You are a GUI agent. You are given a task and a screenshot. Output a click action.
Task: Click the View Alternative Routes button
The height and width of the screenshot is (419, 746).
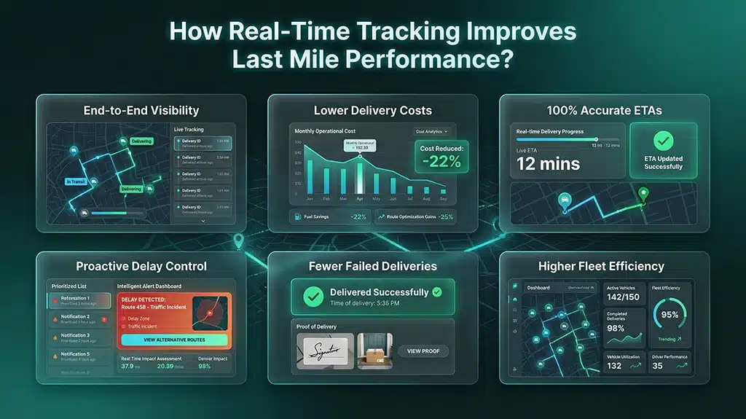click(x=174, y=340)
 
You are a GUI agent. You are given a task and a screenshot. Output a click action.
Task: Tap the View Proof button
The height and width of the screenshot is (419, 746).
click(x=423, y=351)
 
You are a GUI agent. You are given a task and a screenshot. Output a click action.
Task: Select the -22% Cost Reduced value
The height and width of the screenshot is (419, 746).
click(x=441, y=162)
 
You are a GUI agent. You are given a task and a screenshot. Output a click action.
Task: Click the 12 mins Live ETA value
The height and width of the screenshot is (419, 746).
click(x=548, y=164)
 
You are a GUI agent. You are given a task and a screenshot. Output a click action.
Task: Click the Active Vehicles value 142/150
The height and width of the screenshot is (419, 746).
click(x=624, y=297)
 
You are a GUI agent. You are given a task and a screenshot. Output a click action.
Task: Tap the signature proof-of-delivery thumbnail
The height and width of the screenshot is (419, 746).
click(x=325, y=351)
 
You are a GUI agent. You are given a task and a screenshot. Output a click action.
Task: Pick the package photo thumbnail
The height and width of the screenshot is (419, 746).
click(x=374, y=351)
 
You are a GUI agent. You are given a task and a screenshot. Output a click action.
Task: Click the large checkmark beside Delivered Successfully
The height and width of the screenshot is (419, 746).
click(x=313, y=296)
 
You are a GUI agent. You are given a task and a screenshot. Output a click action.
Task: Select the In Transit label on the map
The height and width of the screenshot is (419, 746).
click(x=75, y=181)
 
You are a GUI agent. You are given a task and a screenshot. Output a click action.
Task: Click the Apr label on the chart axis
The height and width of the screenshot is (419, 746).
click(x=358, y=198)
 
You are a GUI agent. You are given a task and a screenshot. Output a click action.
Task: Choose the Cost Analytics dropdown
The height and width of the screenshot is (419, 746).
click(x=432, y=131)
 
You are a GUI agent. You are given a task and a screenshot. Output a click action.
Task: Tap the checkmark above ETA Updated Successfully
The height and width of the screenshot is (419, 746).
click(x=664, y=140)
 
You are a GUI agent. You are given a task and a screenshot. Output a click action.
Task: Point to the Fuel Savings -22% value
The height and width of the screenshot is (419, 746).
click(x=358, y=216)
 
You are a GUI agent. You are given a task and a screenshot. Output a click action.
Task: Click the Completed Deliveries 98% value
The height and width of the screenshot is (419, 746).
click(x=616, y=329)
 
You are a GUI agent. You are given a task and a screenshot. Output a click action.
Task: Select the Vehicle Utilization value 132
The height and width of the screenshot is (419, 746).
click(x=614, y=366)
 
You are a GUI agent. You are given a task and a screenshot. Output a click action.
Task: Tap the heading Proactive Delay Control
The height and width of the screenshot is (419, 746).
click(x=141, y=266)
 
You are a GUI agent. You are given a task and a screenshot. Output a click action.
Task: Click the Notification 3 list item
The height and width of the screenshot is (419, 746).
click(x=79, y=337)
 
